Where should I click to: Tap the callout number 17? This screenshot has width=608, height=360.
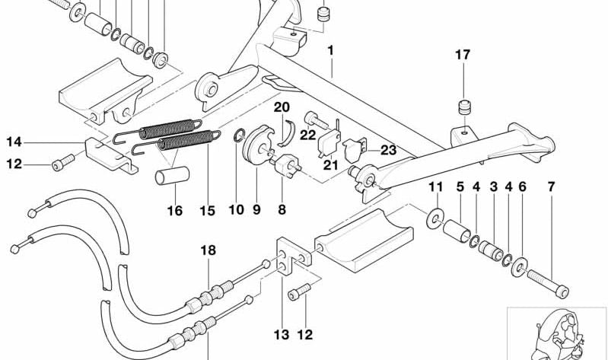(x=463, y=55)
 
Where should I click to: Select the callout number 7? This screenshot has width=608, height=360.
(x=552, y=186)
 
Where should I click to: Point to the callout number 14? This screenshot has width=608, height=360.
(x=15, y=142)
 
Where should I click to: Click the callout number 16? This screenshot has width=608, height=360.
(x=175, y=211)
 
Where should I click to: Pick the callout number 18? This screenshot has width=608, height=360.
(x=208, y=250)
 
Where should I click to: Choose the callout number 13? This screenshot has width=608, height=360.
(x=282, y=333)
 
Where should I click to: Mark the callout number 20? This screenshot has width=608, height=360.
(x=282, y=107)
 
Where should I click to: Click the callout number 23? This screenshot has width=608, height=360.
(x=389, y=151)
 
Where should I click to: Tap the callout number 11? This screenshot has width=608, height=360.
(x=435, y=186)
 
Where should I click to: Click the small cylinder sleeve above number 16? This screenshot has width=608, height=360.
(x=167, y=177)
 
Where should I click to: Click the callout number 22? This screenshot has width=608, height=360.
(x=307, y=135)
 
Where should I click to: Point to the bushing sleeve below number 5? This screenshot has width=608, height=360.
(x=459, y=231)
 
